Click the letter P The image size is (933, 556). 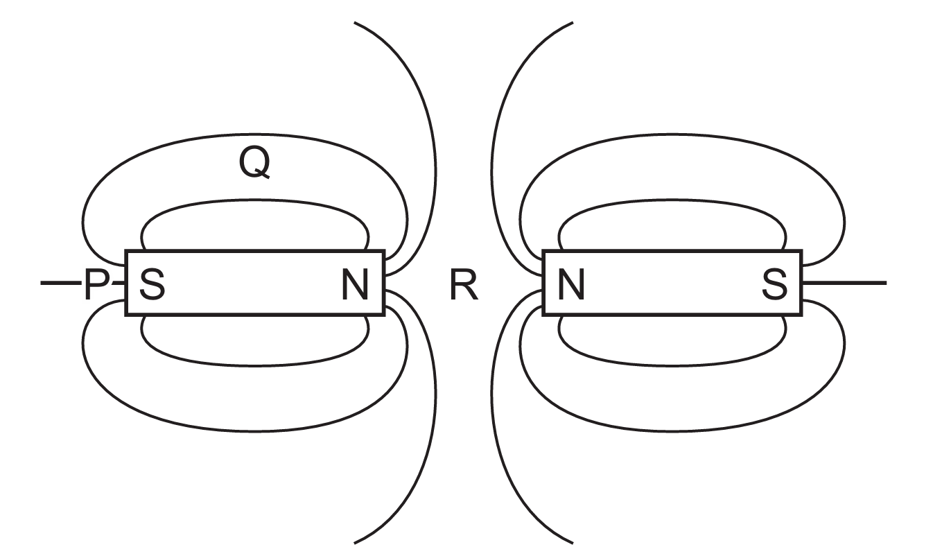pos(94,285)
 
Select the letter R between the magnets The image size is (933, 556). pos(464,285)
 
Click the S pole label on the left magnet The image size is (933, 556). pos(152,285)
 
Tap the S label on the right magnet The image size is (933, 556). pos(775,285)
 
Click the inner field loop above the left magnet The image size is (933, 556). pos(254,205)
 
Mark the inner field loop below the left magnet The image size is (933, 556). pos(254,364)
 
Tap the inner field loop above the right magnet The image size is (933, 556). pos(671,205)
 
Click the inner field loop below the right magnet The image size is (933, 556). pos(671,364)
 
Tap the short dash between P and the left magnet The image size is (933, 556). pos(117,283)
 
